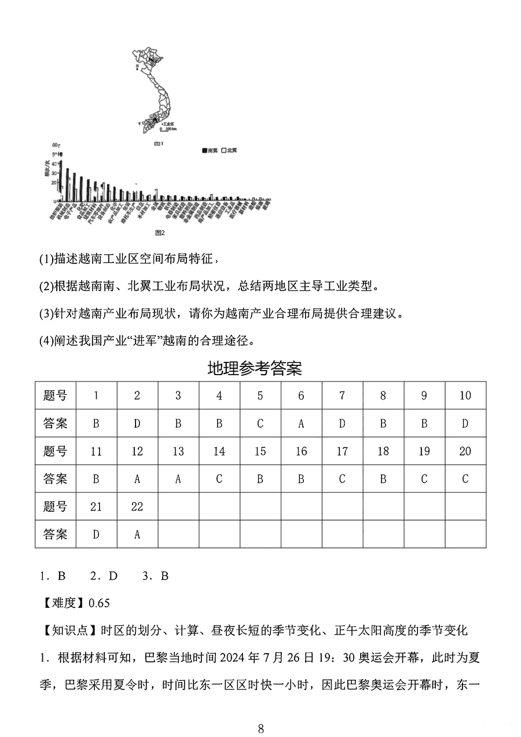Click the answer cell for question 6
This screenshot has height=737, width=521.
tap(301, 423)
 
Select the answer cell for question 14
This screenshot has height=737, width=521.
tap(219, 479)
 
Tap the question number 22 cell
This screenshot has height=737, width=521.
tap(137, 507)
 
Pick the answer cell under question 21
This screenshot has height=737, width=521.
tap(96, 534)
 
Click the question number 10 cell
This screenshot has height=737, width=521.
tap(465, 395)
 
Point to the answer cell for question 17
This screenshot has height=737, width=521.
tap(342, 479)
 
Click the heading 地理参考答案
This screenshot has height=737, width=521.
tap(255, 368)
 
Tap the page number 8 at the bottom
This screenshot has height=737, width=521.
tap(260, 728)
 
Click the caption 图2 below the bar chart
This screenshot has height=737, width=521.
tap(160, 233)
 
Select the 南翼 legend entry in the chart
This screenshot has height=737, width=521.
tap(210, 151)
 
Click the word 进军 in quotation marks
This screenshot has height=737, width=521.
tap(132, 340)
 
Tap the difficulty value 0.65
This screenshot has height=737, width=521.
tap(99, 603)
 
